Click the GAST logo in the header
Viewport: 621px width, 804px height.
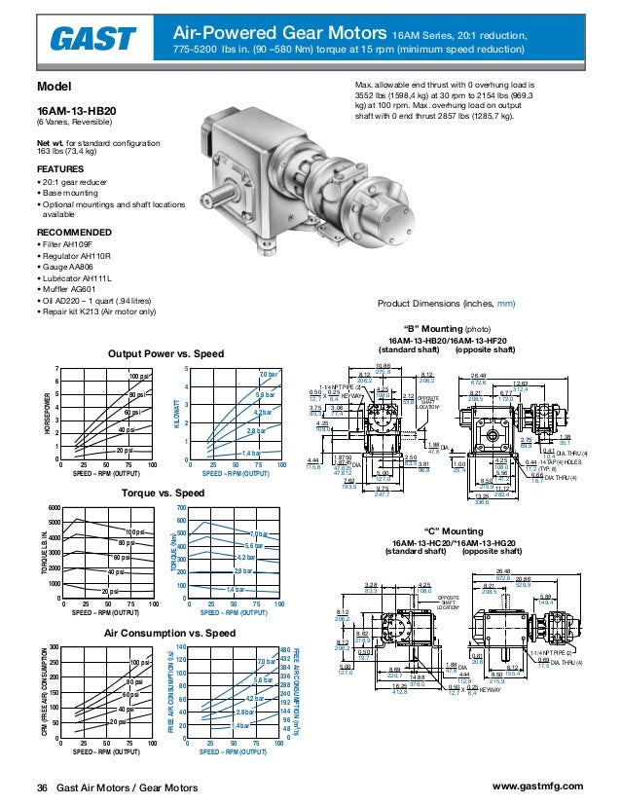tap(93, 39)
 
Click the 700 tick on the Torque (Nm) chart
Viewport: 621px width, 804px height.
tap(183, 509)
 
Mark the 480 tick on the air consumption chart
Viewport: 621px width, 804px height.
tap(284, 649)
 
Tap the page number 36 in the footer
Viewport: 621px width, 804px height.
tap(42, 786)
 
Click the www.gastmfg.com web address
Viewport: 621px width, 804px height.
tap(538, 786)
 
